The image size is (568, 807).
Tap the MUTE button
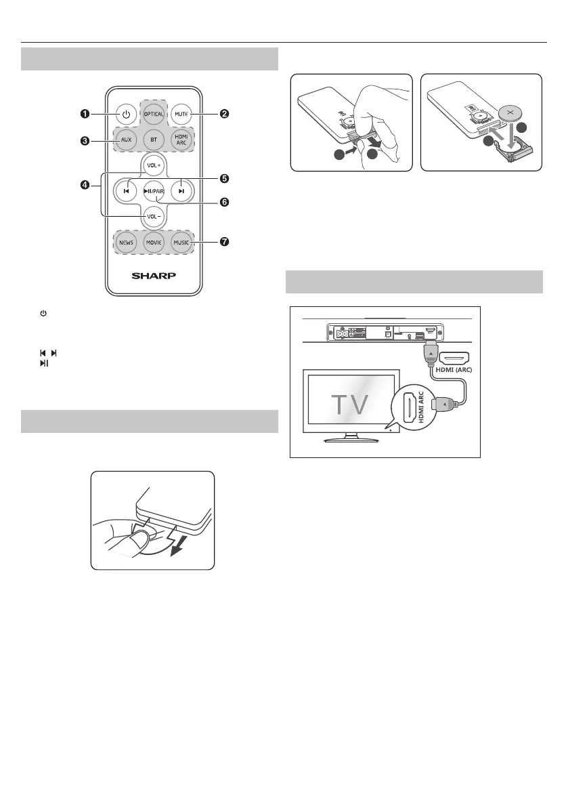[181, 113]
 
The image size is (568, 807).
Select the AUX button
[125, 141]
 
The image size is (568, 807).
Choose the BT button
[153, 141]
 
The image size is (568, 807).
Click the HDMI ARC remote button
[181, 141]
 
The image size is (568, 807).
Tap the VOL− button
[153, 216]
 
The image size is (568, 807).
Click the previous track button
[125, 191]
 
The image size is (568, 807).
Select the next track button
[181, 191]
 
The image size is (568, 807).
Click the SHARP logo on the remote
[153, 276]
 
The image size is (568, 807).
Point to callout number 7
[224, 242]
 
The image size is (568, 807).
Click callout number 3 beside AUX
[84, 141]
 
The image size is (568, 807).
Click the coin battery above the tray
[512, 111]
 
